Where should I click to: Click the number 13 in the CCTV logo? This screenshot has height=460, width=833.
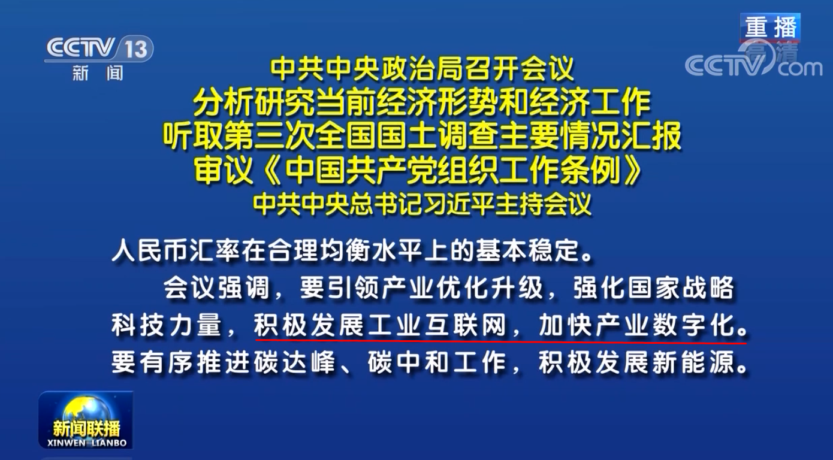click(136, 49)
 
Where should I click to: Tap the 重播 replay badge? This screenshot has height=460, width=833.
click(770, 28)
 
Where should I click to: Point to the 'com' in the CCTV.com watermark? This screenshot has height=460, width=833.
click(800, 68)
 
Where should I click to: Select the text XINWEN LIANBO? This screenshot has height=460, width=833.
click(87, 443)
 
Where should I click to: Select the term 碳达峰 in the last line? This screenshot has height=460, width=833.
click(294, 362)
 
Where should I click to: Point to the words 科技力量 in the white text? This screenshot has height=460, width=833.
click(166, 325)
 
